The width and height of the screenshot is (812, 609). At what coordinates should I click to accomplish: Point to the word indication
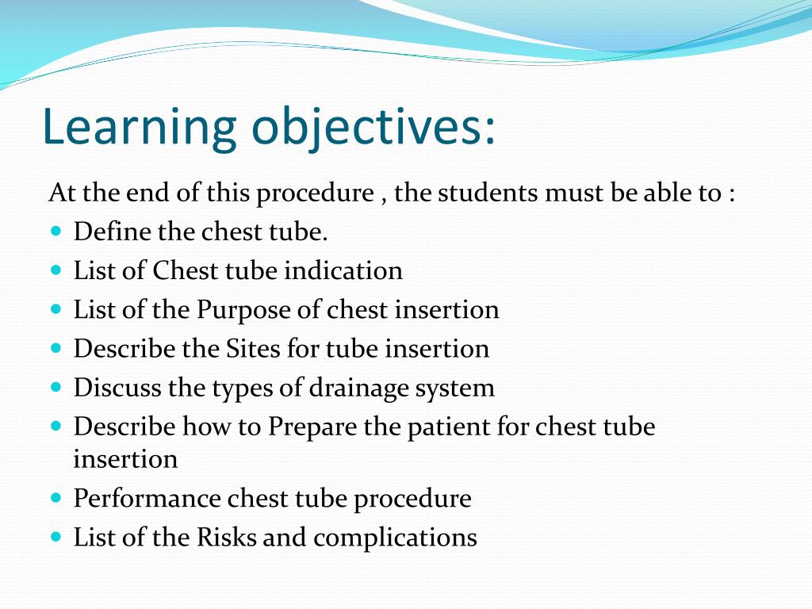[x=343, y=270]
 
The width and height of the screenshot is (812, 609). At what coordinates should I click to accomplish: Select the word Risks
[x=227, y=537]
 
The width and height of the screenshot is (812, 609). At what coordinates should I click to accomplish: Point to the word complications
[x=395, y=537]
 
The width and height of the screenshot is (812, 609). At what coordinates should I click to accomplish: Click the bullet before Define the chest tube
[x=56, y=232]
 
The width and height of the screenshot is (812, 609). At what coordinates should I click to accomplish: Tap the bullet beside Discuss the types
[x=56, y=388]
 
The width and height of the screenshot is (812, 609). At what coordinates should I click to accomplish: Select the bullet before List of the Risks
[x=56, y=537]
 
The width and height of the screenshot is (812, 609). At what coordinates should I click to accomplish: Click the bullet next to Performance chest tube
[x=56, y=498]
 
